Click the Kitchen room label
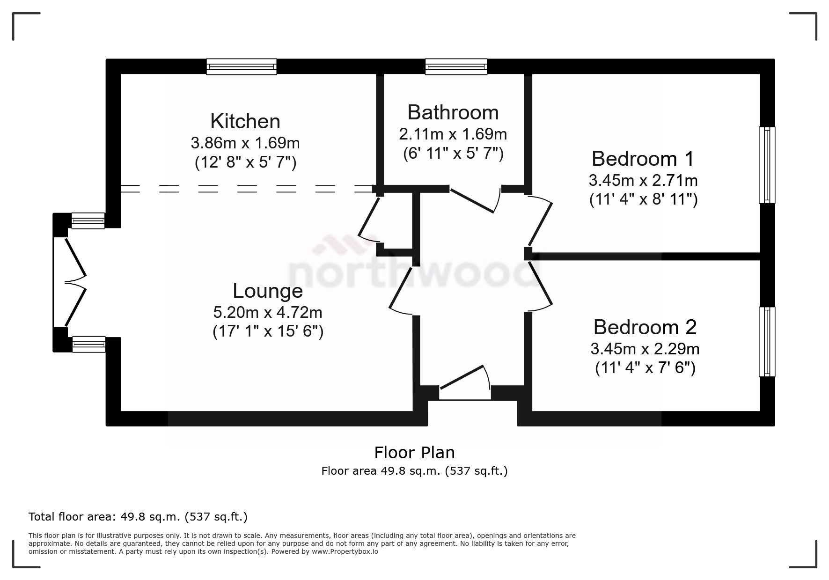245,121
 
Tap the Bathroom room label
453,112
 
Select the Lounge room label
268,291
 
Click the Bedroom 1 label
643,159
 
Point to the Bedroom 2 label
645,327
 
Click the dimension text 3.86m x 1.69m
245,142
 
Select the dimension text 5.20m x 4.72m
268,312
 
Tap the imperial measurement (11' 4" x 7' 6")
645,368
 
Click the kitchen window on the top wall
242,66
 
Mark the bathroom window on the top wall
456,66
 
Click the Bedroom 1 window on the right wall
767,165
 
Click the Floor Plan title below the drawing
414,453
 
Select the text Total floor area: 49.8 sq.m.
138,517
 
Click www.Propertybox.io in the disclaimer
345,551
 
